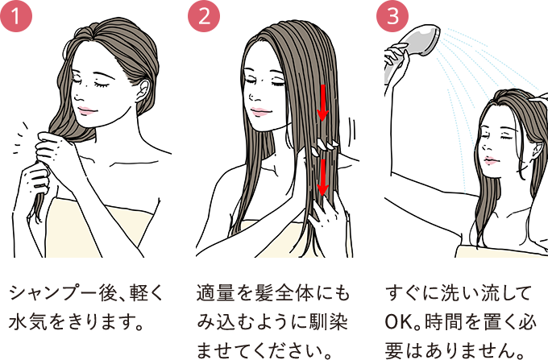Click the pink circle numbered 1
coord(16,16)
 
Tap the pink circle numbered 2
coord(204,16)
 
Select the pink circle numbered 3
coord(392,16)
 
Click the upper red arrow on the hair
coord(322,102)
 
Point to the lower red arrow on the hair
coord(322,178)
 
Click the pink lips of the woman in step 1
coord(86,111)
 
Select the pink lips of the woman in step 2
coord(260,112)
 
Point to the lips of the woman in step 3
coord(490,161)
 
